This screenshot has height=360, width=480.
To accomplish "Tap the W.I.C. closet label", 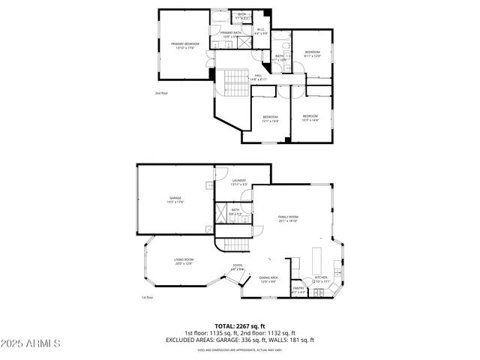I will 261,32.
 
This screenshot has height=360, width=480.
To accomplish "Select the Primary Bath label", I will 231,34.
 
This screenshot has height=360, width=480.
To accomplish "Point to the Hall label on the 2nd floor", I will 258,76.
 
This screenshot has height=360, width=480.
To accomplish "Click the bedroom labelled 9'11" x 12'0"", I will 312,54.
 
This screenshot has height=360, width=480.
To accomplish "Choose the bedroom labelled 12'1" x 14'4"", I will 270,118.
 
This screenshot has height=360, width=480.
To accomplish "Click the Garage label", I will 175,199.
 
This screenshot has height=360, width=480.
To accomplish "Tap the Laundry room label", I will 239,181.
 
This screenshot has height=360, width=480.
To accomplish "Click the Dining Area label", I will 269,279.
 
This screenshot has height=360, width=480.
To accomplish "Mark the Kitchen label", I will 321,279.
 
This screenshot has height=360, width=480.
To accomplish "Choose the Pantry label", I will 298,289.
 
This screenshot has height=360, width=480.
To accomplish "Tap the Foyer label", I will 237,266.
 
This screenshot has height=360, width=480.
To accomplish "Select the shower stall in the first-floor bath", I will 222,211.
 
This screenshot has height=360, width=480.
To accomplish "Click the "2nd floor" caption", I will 161,93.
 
